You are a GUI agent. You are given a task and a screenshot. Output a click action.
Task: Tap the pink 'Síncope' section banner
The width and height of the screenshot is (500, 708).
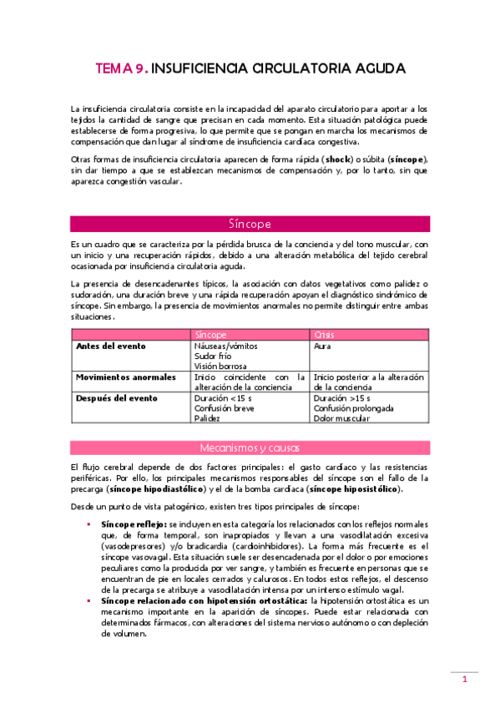click(x=250, y=224)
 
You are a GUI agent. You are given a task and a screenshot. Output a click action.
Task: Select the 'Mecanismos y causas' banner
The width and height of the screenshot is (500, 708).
click(x=250, y=447)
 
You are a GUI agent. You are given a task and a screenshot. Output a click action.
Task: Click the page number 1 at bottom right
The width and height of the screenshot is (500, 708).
click(x=466, y=680)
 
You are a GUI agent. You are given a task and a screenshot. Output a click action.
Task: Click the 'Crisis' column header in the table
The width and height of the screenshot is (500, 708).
click(x=324, y=333)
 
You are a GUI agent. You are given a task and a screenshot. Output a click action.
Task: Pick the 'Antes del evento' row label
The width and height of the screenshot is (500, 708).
click(x=110, y=345)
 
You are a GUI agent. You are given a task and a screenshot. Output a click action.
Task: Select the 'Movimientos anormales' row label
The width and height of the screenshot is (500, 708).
click(x=125, y=377)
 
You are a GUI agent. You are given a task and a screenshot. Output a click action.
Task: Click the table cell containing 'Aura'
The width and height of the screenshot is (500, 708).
click(x=323, y=345)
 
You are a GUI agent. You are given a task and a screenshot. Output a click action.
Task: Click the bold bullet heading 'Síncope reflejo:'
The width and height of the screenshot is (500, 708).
click(x=133, y=522)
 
